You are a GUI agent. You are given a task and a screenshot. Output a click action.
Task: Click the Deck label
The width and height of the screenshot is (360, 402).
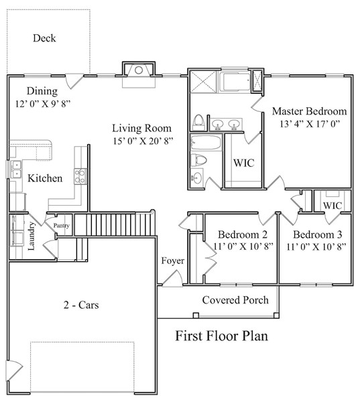[x=44, y=38]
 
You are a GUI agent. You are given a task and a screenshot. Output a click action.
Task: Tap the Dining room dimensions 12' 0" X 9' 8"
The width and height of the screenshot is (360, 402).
[x=43, y=104]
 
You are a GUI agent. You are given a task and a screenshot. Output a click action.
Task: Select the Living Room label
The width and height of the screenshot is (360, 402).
[x=141, y=128]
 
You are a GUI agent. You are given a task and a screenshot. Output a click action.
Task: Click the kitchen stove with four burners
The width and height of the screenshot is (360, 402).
[x=80, y=176]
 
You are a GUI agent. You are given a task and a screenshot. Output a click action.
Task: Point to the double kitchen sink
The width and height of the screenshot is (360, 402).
[x=15, y=169]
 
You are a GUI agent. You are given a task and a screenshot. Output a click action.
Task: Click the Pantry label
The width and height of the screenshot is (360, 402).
[x=61, y=226]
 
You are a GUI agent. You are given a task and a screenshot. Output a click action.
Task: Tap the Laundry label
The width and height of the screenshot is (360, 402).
[x=31, y=236]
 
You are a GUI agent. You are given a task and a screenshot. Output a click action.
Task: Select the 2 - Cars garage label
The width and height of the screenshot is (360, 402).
[x=81, y=305]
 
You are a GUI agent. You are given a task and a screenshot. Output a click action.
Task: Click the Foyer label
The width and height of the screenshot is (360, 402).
[x=173, y=261]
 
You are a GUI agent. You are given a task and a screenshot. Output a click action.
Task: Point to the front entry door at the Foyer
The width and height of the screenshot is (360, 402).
[x=172, y=278]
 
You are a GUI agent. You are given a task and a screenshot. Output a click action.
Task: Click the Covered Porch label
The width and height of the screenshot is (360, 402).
[x=235, y=300]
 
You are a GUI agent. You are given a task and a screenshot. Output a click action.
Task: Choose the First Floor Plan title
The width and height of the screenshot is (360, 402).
[x=222, y=336]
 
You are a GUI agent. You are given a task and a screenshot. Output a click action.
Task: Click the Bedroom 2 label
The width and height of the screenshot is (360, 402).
[x=243, y=234]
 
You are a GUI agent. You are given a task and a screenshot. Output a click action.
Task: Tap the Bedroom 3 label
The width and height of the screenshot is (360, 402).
[x=318, y=234]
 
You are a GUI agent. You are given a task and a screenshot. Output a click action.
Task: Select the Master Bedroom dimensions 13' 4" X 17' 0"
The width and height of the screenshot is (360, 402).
[x=310, y=124]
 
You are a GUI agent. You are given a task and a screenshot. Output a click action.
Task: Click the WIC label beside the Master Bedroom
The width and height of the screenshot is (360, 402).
[x=244, y=163]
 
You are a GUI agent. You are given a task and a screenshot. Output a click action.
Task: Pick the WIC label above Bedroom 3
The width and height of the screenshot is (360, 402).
[x=333, y=206]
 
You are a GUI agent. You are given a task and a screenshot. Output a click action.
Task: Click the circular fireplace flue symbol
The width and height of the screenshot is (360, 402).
[x=139, y=70]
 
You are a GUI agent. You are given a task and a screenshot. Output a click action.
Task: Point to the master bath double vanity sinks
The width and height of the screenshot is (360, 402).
[x=226, y=125]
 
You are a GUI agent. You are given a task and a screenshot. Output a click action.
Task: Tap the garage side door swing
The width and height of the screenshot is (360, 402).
[x=15, y=371]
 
